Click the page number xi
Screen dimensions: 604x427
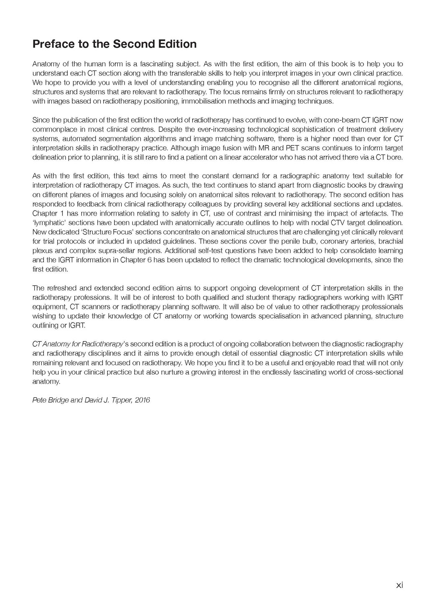click(x=399, y=585)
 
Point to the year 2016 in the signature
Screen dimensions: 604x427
click(x=142, y=400)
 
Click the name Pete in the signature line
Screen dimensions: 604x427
click(x=39, y=400)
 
